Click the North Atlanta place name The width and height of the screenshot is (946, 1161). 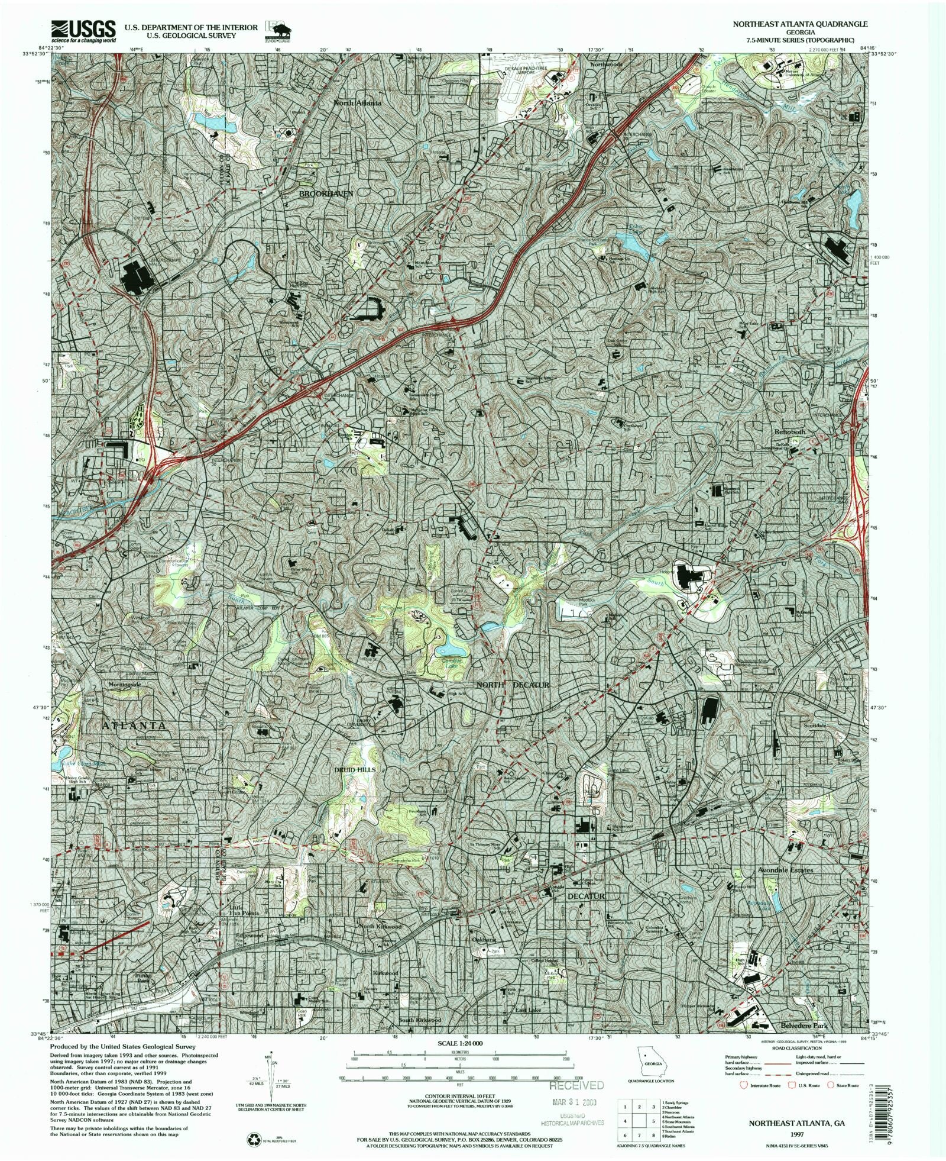tap(358, 102)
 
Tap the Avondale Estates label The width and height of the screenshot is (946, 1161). tap(786, 870)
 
